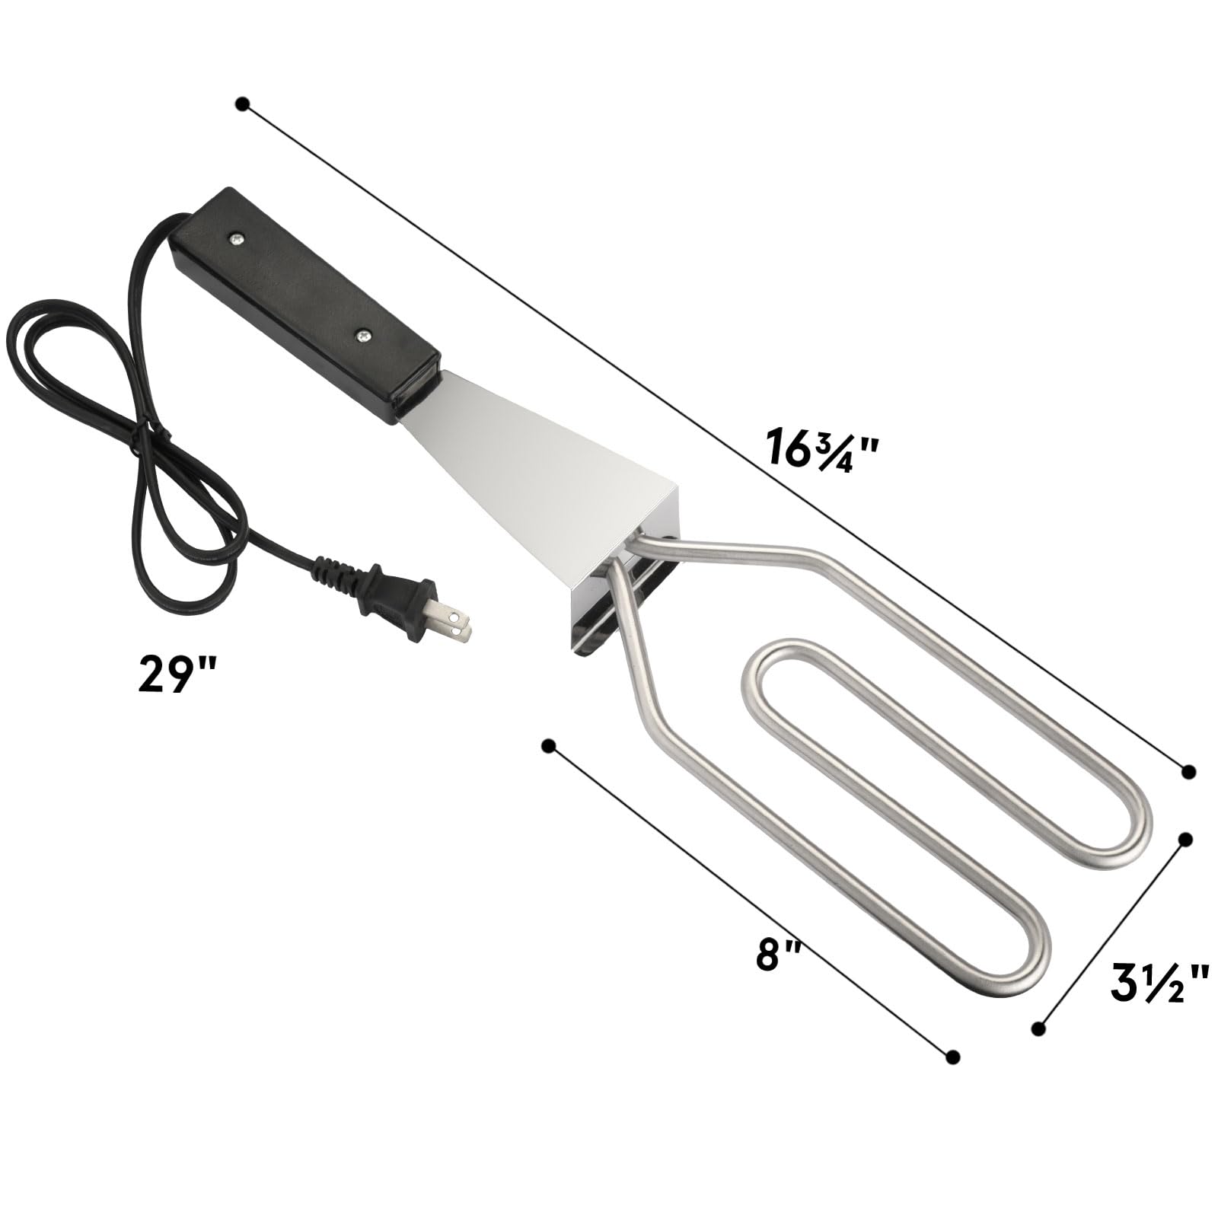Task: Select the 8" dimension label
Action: pos(779,955)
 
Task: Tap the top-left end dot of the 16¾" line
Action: pos(243,104)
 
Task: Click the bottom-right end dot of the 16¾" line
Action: pos(1188,772)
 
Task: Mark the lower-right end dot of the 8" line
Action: pos(952,1057)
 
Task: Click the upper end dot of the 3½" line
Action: pos(1185,840)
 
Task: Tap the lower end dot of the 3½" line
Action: pos(1038,1028)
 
